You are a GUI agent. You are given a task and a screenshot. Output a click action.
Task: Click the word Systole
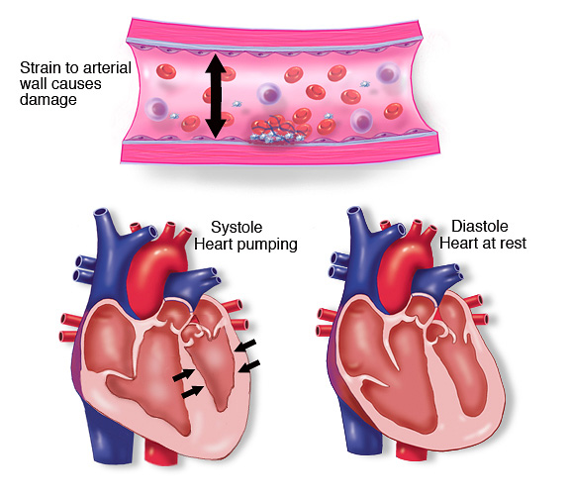[237, 228]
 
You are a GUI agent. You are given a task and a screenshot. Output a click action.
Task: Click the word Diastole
[480, 226]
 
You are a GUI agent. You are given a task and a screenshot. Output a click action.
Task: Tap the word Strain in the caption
[40, 68]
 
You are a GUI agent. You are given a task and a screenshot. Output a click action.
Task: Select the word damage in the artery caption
[48, 100]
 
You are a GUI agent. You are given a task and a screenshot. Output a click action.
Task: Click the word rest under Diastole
[514, 243]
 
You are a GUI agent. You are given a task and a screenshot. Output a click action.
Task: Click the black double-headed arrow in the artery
[216, 96]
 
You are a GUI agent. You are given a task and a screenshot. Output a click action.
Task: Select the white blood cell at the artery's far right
[388, 73]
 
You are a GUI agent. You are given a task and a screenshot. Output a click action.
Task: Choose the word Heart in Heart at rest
[461, 243]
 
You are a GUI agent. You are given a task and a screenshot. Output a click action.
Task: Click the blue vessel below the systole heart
[109, 436]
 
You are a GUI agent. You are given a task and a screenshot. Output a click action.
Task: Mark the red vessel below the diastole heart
[411, 450]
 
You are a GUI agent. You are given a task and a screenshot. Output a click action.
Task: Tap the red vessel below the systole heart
[161, 451]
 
